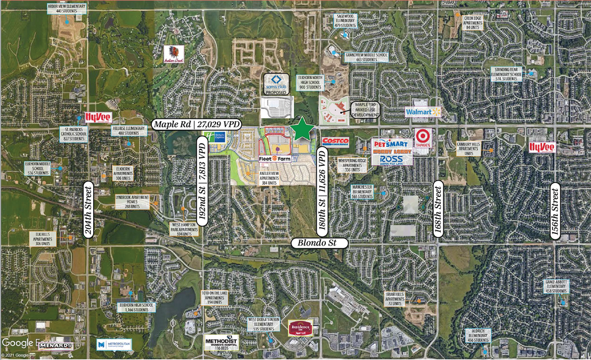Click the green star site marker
303,129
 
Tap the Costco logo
335,141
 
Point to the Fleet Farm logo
272,160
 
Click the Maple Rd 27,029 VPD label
196,125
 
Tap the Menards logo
56,347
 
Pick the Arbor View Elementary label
67,8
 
